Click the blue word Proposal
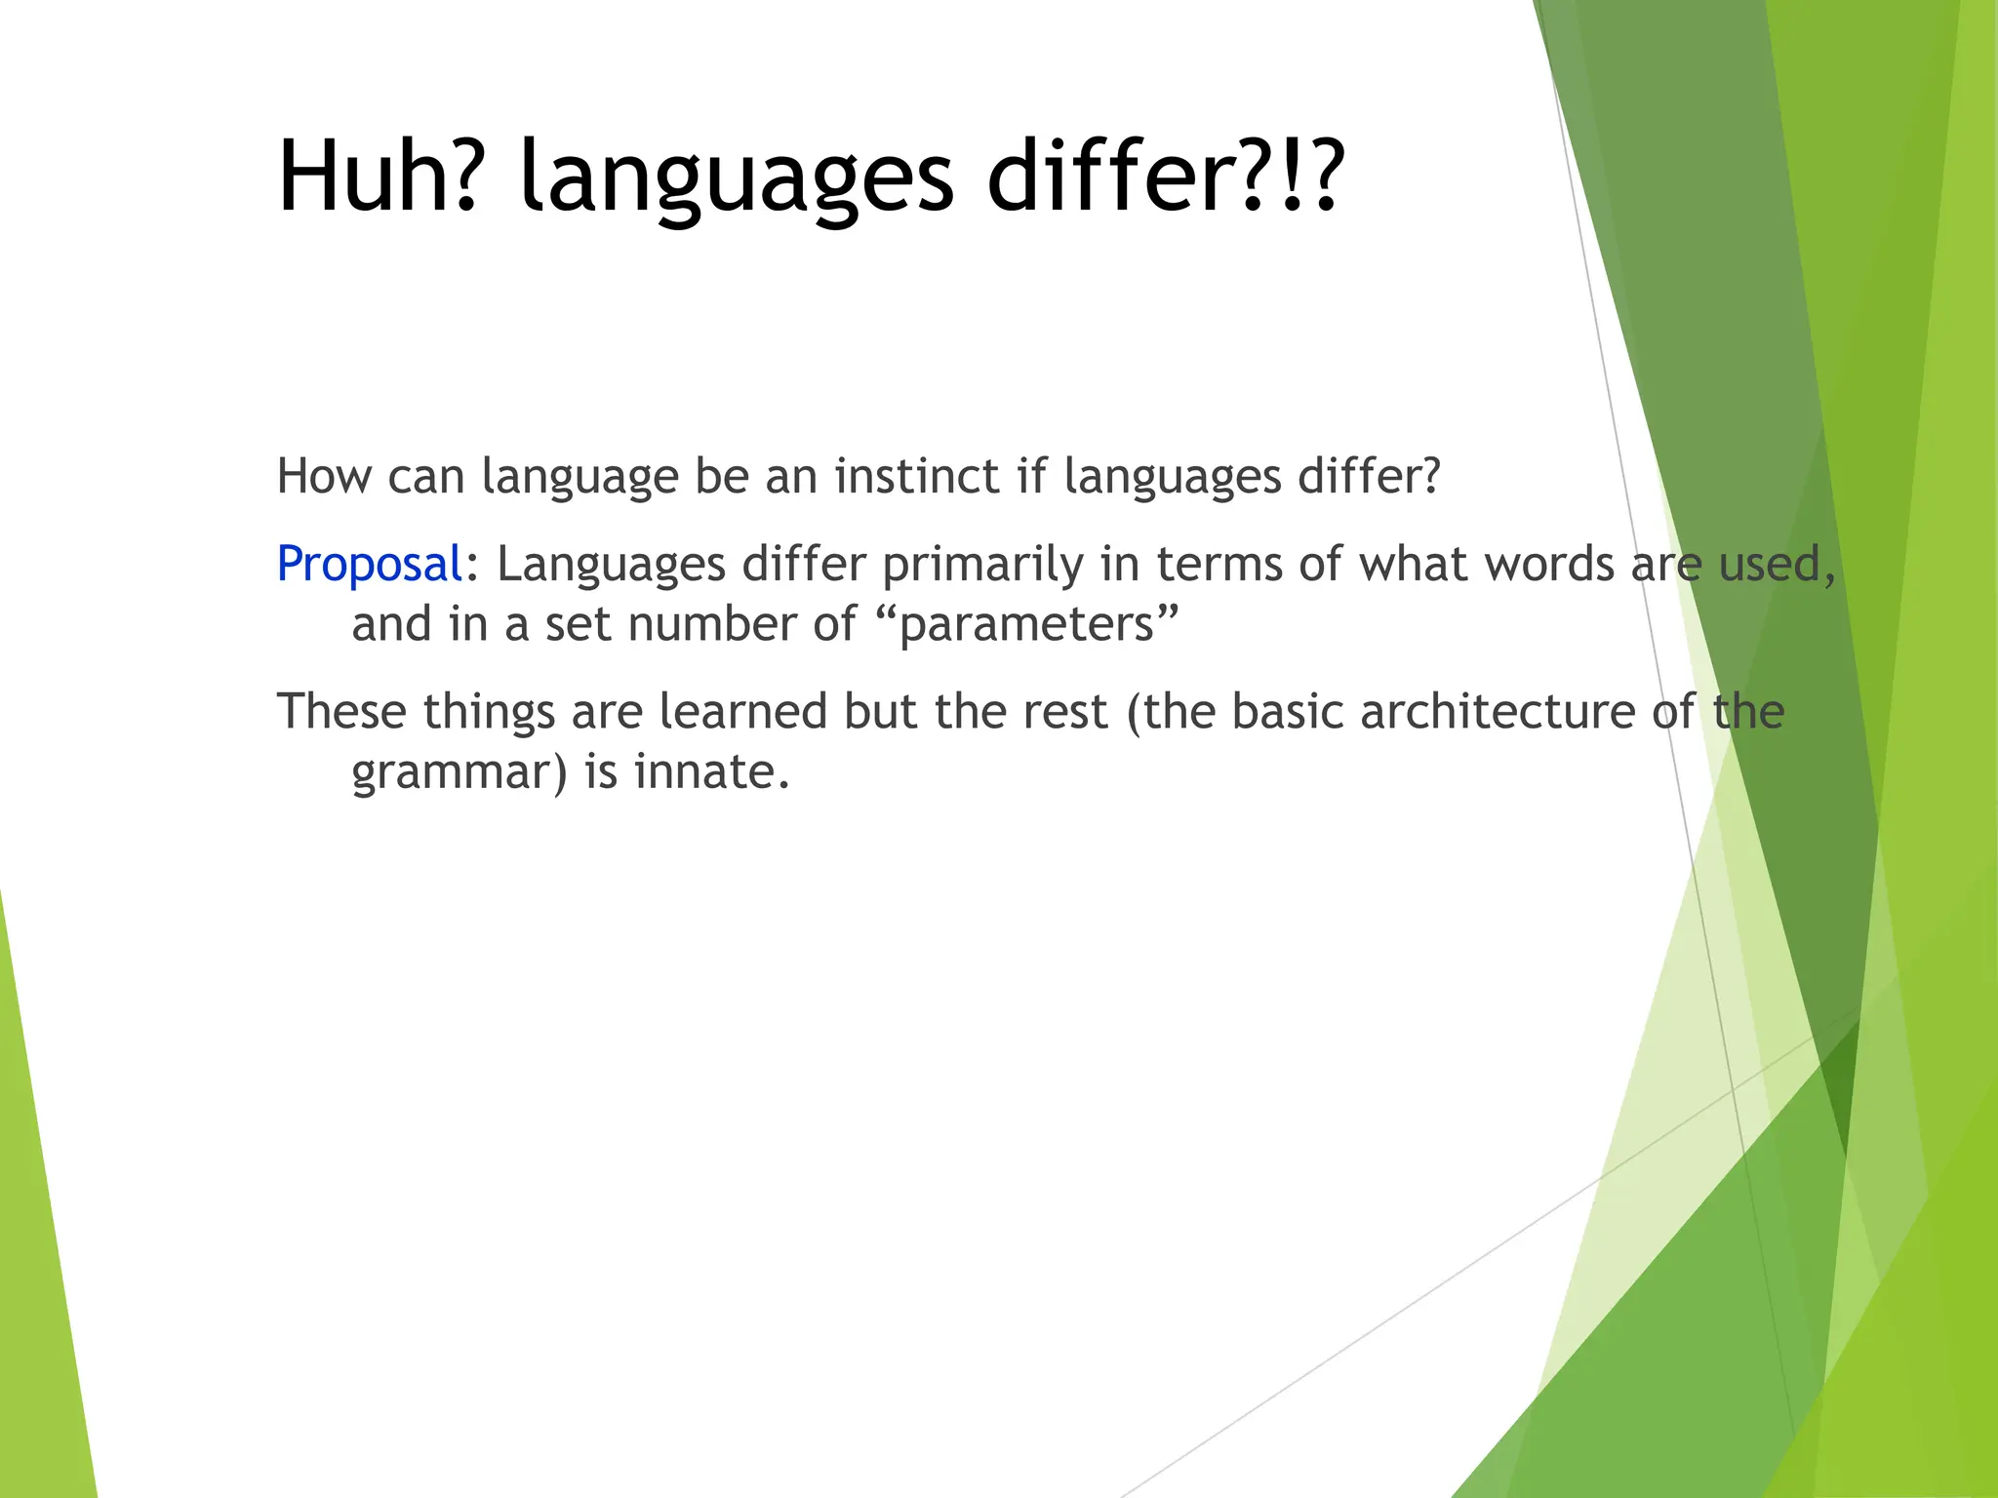pos(369,566)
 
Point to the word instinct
pos(916,477)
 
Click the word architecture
pos(1498,712)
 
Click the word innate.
pos(710,772)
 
